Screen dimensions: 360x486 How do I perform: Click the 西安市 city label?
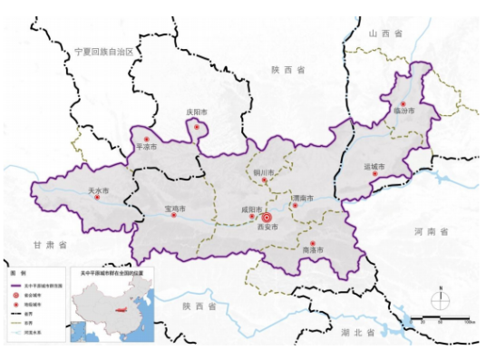pos(267,227)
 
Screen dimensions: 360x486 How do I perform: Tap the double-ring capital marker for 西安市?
pos(267,217)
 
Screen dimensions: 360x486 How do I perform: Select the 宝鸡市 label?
pos(175,209)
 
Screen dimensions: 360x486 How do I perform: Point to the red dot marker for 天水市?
pos(96,199)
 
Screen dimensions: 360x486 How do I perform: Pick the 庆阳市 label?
pos(197,112)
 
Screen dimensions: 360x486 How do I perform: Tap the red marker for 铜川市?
pos(264,180)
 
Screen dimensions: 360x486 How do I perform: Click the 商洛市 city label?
pos(312,250)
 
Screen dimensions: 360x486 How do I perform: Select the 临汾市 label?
pos(403,111)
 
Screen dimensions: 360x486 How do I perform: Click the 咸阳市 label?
pos(250,209)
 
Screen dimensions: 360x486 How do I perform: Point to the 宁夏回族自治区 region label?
pos(103,52)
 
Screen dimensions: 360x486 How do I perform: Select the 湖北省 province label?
pos(358,333)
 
